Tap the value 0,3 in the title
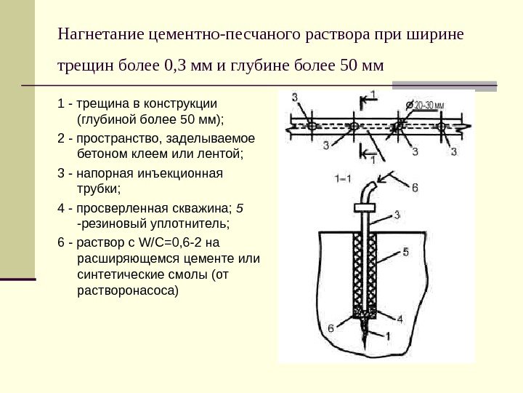pyautogui.click(x=177, y=68)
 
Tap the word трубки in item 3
pyautogui.click(x=96, y=189)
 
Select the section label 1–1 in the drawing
pyautogui.click(x=343, y=178)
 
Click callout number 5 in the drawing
pyautogui.click(x=406, y=252)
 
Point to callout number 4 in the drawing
pyautogui.click(x=399, y=319)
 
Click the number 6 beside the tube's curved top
pyautogui.click(x=415, y=188)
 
